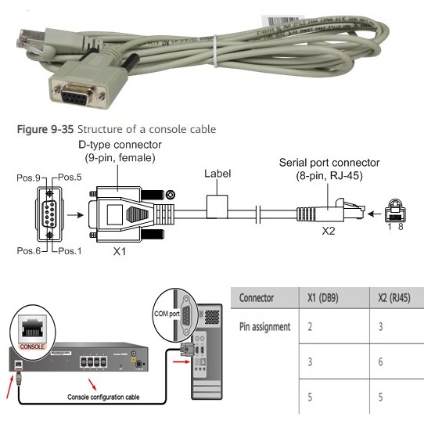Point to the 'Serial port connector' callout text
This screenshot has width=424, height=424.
[x=330, y=163]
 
